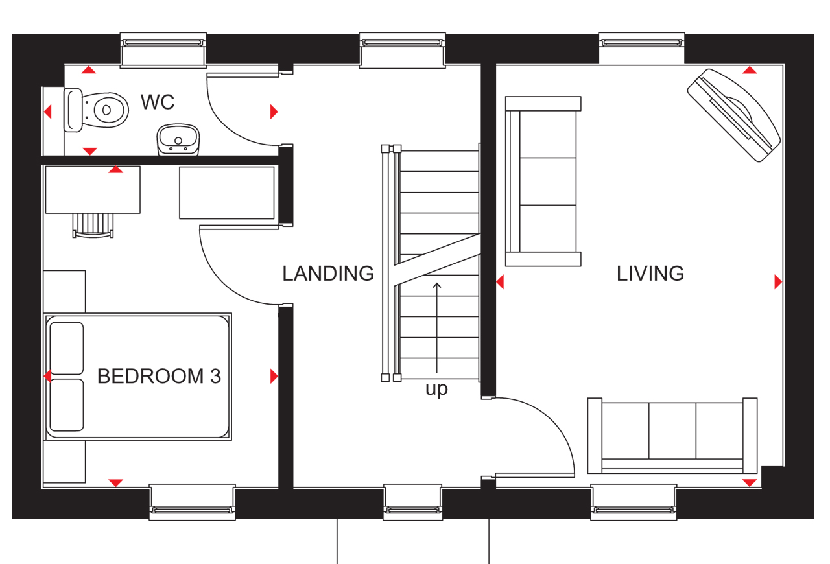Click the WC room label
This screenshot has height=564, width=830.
(158, 102)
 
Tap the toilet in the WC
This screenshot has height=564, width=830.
(97, 109)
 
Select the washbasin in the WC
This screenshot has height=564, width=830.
(178, 139)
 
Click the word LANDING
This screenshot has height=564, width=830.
(328, 274)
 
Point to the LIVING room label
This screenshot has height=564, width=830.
(650, 274)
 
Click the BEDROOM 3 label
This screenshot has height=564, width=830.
(159, 376)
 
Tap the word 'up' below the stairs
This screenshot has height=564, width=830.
(436, 390)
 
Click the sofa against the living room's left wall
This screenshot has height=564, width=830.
(543, 182)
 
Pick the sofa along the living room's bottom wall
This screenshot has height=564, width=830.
(672, 436)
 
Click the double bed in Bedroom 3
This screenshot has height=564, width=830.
(138, 376)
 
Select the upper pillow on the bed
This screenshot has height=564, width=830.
(67, 347)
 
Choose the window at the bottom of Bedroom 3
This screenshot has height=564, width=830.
(192, 502)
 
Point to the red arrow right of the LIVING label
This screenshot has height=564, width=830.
(778, 282)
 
